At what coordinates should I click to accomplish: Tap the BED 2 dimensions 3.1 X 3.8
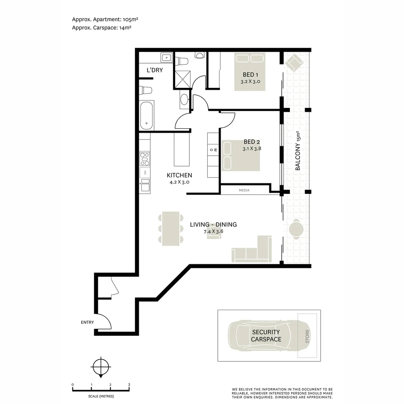click(x=251, y=149)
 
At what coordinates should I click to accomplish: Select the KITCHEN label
click(x=179, y=175)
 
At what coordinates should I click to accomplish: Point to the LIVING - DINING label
click(x=213, y=225)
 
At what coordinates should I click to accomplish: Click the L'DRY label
click(x=154, y=70)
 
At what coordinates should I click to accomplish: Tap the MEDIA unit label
click(x=244, y=190)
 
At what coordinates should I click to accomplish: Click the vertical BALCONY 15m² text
click(x=298, y=151)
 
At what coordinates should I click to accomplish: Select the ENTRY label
click(x=87, y=322)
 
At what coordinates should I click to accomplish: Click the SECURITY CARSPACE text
click(x=266, y=336)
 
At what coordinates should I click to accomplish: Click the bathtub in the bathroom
click(x=146, y=116)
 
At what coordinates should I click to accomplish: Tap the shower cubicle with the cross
click(x=183, y=79)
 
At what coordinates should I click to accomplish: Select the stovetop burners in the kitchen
click(x=144, y=159)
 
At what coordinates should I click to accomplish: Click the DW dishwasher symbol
click(x=144, y=172)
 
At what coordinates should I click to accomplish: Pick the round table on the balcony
click(x=296, y=229)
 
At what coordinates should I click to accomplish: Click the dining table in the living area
click(x=171, y=229)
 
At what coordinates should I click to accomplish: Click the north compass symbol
click(x=101, y=367)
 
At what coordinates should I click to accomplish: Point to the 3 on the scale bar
click(x=129, y=385)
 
